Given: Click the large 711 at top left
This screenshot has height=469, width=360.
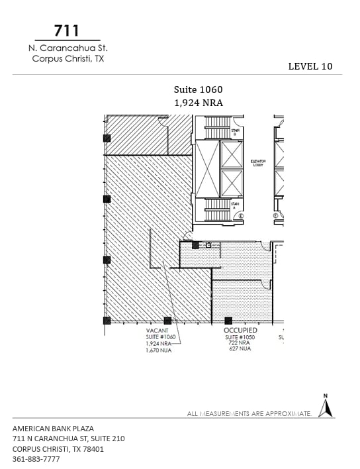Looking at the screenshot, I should (67, 30).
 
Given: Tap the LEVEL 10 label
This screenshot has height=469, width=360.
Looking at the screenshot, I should (310, 66).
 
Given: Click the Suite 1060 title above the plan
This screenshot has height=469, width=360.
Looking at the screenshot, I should (198, 89).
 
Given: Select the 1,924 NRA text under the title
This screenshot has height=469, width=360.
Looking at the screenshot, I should (198, 103).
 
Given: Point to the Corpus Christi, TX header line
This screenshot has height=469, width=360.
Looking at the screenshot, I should (67, 58).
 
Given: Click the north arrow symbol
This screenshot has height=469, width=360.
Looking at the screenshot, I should (325, 406).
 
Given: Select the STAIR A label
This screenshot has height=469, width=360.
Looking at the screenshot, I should (234, 206).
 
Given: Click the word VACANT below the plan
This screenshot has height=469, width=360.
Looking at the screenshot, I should (157, 330).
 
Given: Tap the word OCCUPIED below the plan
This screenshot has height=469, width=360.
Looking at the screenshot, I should (240, 330).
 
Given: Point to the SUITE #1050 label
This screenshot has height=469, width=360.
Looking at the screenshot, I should (240, 337).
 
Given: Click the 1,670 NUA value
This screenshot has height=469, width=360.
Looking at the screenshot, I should (159, 350).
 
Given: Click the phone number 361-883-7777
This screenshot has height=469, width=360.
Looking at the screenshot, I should (36, 459).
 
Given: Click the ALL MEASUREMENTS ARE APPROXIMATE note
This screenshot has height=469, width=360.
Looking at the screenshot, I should (249, 413).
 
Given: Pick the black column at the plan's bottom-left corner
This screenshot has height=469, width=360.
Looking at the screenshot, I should (107, 321).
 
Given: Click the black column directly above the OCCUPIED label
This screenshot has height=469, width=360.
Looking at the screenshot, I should (228, 321).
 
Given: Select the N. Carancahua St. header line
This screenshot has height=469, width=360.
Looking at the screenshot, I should (67, 48).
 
